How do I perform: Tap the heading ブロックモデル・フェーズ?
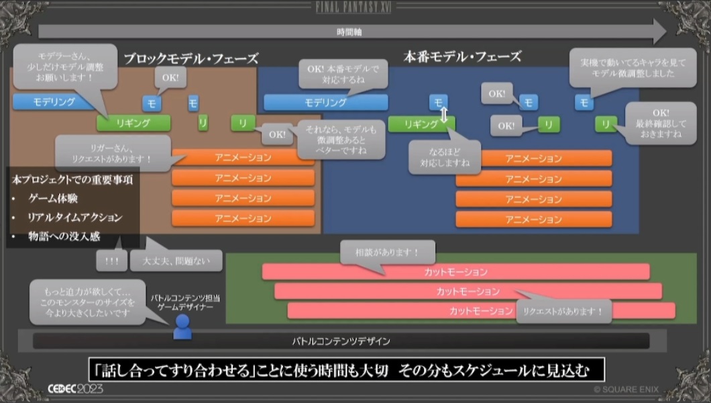pos(190,58)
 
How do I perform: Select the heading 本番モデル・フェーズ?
pos(462,56)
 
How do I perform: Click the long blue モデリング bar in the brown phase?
pos(54,102)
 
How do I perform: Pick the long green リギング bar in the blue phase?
pos(419,124)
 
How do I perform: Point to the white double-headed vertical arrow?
pos(443,117)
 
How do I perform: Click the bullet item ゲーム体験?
pos(52,199)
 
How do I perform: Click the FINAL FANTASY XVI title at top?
pos(354,7)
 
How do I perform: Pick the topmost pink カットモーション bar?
pos(455,272)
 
